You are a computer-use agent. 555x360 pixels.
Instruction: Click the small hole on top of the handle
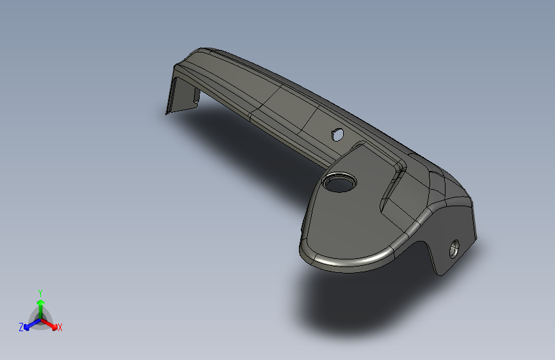(337, 135)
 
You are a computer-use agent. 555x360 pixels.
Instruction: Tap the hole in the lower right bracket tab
(454, 248)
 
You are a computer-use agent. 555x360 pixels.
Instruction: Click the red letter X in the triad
(60, 328)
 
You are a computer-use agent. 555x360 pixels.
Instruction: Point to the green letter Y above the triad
(40, 292)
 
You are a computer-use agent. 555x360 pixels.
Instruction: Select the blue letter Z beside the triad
(21, 327)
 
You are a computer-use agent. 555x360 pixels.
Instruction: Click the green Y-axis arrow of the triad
(40, 305)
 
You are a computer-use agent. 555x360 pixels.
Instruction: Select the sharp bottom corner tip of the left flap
(166, 114)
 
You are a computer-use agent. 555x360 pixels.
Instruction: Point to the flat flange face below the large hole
(339, 224)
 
